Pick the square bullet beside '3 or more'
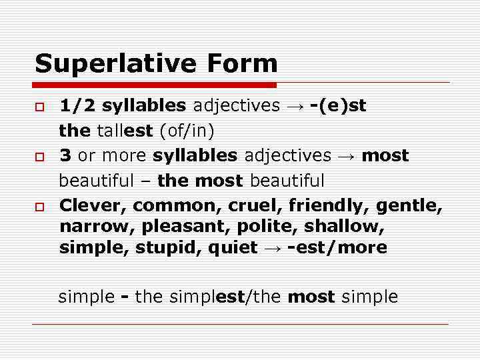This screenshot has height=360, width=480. point(40,157)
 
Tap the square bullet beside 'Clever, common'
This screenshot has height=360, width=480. point(40,206)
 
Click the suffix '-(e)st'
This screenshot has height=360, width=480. point(337,106)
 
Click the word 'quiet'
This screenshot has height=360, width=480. point(232,248)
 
